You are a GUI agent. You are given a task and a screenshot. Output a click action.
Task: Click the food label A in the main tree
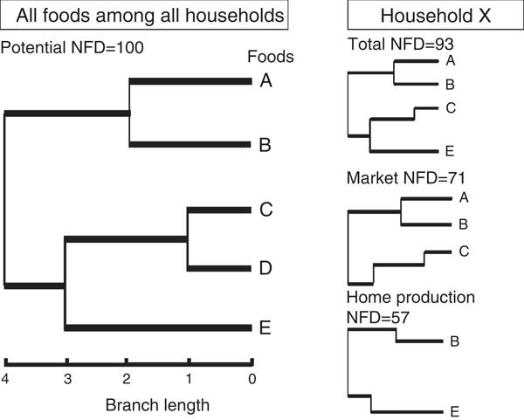click(266, 80)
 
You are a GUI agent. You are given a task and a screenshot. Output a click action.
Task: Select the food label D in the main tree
click(265, 268)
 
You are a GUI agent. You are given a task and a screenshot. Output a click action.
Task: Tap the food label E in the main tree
click(265, 327)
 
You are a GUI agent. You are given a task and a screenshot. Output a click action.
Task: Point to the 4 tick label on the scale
click(5, 379)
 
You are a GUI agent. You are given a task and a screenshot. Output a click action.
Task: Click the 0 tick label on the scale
click(252, 379)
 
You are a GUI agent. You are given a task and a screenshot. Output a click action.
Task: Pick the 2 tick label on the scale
click(127, 379)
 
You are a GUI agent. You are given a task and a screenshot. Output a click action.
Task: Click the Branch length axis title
click(157, 405)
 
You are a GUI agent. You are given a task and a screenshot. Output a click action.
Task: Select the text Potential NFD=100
click(72, 47)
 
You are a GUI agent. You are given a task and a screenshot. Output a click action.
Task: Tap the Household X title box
click(436, 15)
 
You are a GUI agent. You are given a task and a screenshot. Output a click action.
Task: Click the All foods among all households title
click(150, 16)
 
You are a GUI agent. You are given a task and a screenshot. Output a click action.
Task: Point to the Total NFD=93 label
click(401, 45)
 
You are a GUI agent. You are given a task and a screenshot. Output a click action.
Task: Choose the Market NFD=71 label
click(406, 178)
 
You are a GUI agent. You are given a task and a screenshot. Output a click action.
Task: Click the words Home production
click(410, 298)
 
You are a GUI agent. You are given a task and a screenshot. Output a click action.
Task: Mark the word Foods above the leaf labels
click(271, 57)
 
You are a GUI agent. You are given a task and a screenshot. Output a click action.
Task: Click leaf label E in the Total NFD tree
click(450, 151)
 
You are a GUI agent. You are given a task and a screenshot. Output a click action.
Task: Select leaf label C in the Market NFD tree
click(464, 251)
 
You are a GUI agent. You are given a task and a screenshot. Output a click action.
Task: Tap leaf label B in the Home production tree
click(454, 341)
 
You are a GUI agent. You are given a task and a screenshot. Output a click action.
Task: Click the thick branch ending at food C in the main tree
click(219, 210)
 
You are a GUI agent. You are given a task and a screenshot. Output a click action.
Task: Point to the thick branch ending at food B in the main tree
click(190, 144)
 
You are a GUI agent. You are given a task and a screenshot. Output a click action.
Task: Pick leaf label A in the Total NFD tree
click(451, 60)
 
